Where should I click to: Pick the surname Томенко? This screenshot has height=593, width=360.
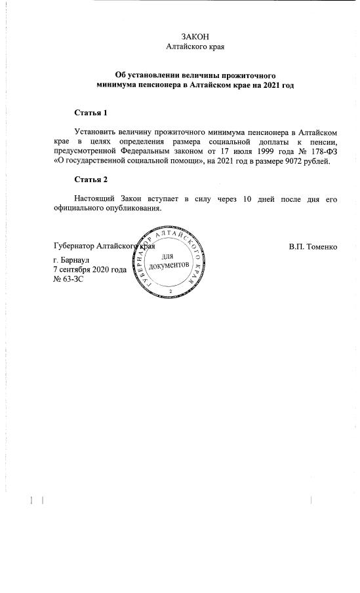click(322, 247)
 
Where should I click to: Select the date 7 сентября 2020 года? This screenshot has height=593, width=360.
click(89, 269)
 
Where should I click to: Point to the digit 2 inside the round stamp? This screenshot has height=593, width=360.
click(170, 290)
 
